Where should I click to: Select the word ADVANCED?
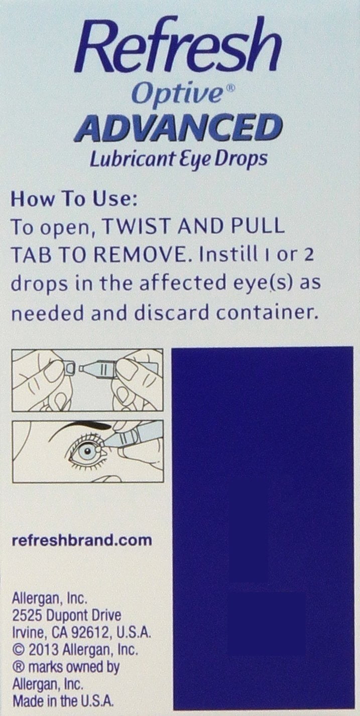click(178, 128)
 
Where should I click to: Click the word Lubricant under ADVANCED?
click(132, 159)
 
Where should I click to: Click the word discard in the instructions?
click(171, 312)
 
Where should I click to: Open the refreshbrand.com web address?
click(82, 540)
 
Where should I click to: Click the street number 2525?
click(28, 615)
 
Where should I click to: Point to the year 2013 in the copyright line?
click(44, 649)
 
